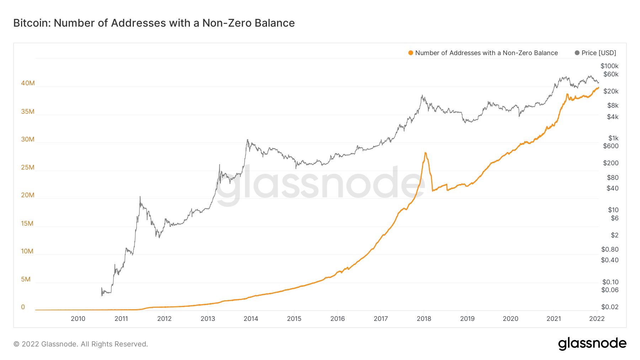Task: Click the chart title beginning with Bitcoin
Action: [x=154, y=23]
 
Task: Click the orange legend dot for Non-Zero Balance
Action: [x=411, y=53]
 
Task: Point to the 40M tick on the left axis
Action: [x=28, y=83]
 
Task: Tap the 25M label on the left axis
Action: [x=28, y=167]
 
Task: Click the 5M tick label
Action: [x=26, y=279]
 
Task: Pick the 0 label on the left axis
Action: [x=23, y=307]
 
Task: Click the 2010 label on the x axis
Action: [x=78, y=319]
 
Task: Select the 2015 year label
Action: [x=294, y=319]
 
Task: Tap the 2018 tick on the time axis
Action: [x=424, y=319]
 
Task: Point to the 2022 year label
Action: [x=597, y=319]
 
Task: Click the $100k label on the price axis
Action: [x=609, y=66]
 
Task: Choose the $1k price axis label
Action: [x=613, y=138]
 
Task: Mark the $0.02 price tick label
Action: [x=609, y=307]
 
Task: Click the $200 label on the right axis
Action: [x=610, y=163]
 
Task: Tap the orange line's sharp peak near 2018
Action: [x=425, y=153]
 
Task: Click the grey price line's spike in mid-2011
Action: [x=140, y=197]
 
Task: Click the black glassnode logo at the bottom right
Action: [x=592, y=344]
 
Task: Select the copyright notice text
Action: [x=81, y=344]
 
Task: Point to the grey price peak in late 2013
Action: [x=247, y=140]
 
